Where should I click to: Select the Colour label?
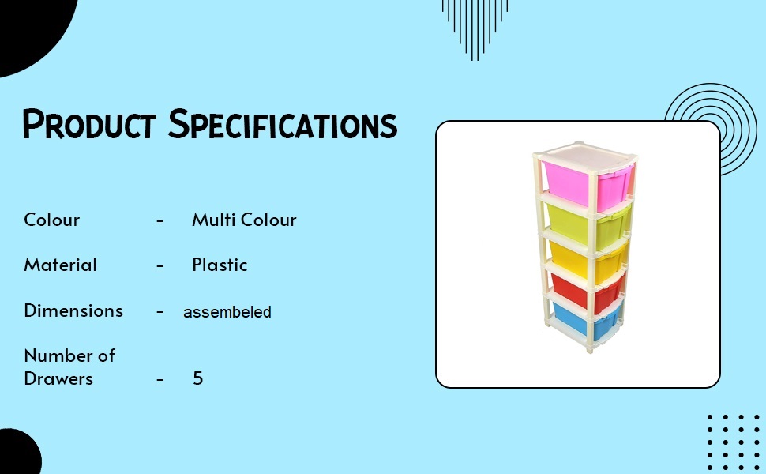tap(51, 220)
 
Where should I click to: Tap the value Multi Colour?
tap(244, 220)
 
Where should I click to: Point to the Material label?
tap(60, 265)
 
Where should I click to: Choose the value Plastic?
tap(220, 265)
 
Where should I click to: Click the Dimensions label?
tap(73, 310)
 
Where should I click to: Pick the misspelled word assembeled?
tap(227, 312)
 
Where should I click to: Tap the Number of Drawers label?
tap(69, 367)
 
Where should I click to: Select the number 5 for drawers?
tap(198, 378)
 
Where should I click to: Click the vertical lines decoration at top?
tap(474, 24)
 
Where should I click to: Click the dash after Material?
tap(160, 265)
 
